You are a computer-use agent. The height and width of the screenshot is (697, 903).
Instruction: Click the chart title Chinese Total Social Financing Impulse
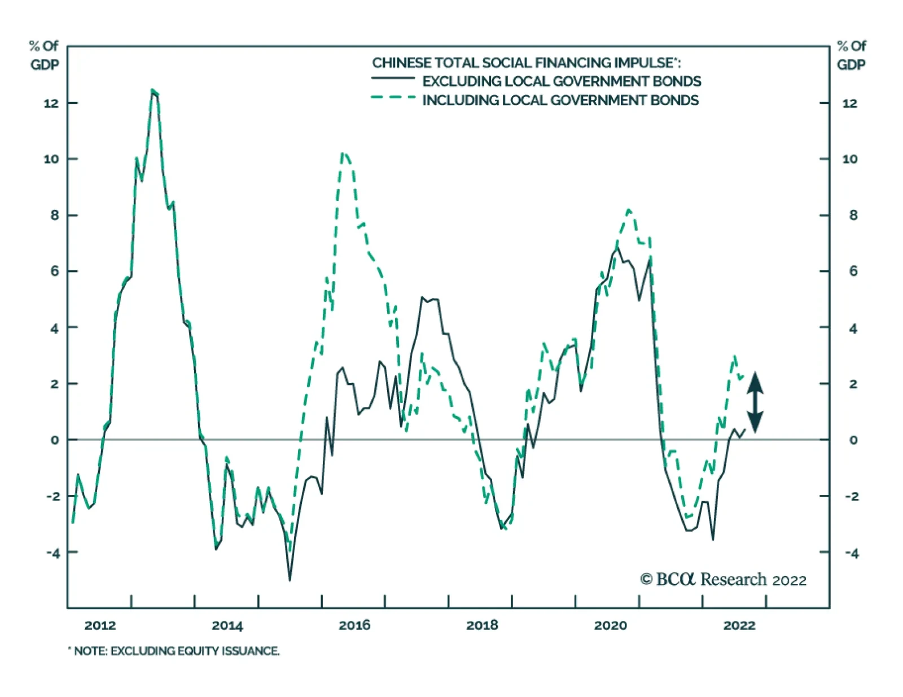526,63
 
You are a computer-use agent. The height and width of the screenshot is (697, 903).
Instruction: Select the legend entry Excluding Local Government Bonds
561,81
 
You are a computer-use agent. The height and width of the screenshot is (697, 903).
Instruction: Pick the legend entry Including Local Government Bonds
560,100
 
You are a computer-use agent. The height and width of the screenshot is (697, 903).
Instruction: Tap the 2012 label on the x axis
100,625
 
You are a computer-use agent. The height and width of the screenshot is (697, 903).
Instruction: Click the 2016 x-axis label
354,625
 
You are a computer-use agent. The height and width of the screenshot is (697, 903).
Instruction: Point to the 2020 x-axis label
610,625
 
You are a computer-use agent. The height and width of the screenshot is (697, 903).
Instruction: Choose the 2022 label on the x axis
739,625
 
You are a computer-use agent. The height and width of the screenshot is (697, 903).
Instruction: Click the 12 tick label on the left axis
51,103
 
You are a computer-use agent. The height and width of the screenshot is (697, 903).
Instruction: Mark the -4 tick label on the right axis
852,553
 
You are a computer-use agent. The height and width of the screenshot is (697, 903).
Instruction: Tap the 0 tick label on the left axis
54,440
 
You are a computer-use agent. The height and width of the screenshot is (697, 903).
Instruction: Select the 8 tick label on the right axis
853,215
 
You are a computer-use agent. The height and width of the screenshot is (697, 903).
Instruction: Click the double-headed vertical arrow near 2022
755,402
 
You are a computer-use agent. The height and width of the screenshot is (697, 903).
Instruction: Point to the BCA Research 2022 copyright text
723,580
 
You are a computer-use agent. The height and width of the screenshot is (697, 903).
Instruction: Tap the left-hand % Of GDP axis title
45,55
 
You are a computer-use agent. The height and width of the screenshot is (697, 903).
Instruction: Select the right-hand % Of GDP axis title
851,55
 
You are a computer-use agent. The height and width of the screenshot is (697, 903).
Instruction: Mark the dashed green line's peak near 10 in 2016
344,153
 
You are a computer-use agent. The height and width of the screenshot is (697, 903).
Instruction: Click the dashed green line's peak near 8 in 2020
629,209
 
